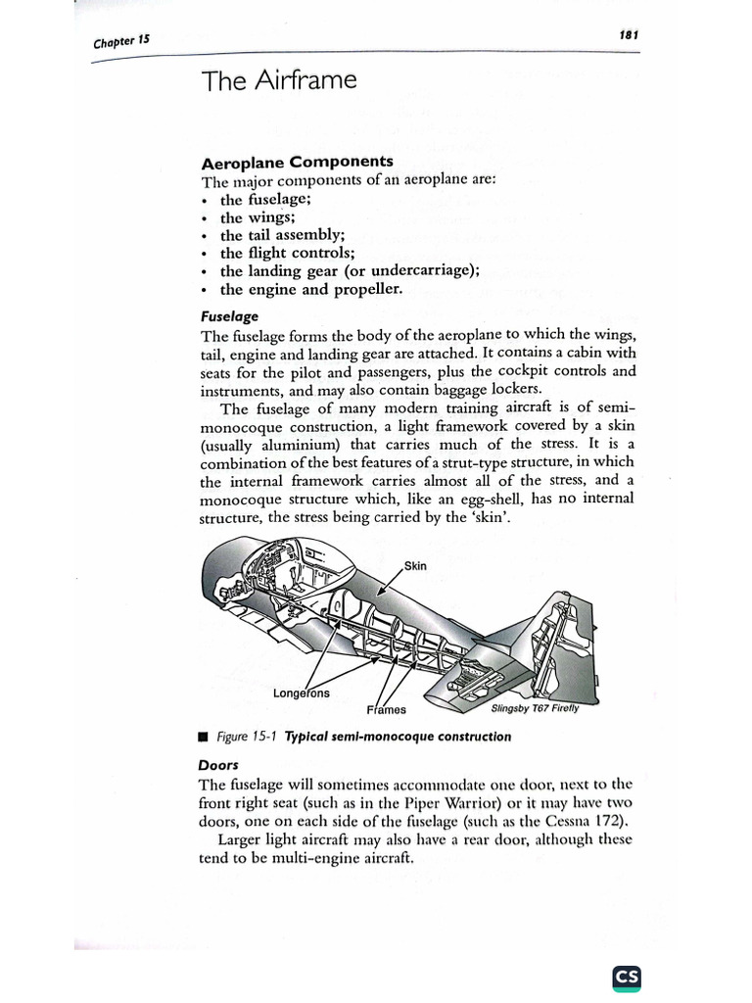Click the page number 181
[x=629, y=35]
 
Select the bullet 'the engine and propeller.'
[x=310, y=290]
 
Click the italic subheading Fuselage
[x=229, y=317]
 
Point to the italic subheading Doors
[x=219, y=764]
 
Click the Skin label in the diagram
[x=415, y=566]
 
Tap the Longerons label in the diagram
[x=302, y=693]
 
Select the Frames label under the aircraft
[x=387, y=708]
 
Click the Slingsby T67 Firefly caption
[x=535, y=709]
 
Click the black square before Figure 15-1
[x=204, y=737]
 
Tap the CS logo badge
[x=627, y=977]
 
